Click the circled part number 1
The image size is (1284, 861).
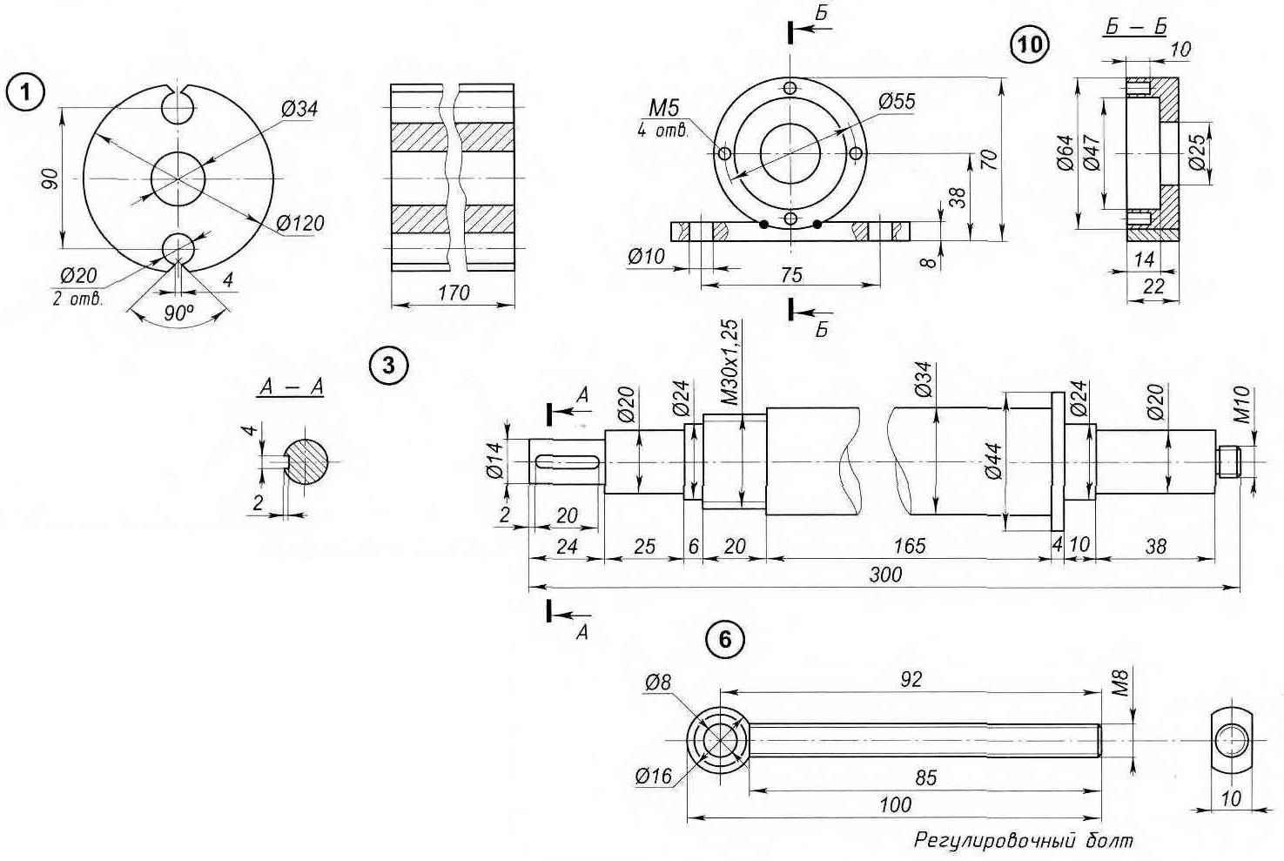click(24, 92)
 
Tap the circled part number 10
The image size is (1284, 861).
click(1030, 44)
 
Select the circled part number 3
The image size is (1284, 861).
click(388, 366)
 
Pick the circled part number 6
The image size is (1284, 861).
click(725, 639)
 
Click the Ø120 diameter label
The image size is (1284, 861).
click(299, 223)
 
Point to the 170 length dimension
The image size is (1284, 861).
click(454, 293)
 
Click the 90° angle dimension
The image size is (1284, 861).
click(178, 313)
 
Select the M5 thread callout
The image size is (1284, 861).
click(664, 107)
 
